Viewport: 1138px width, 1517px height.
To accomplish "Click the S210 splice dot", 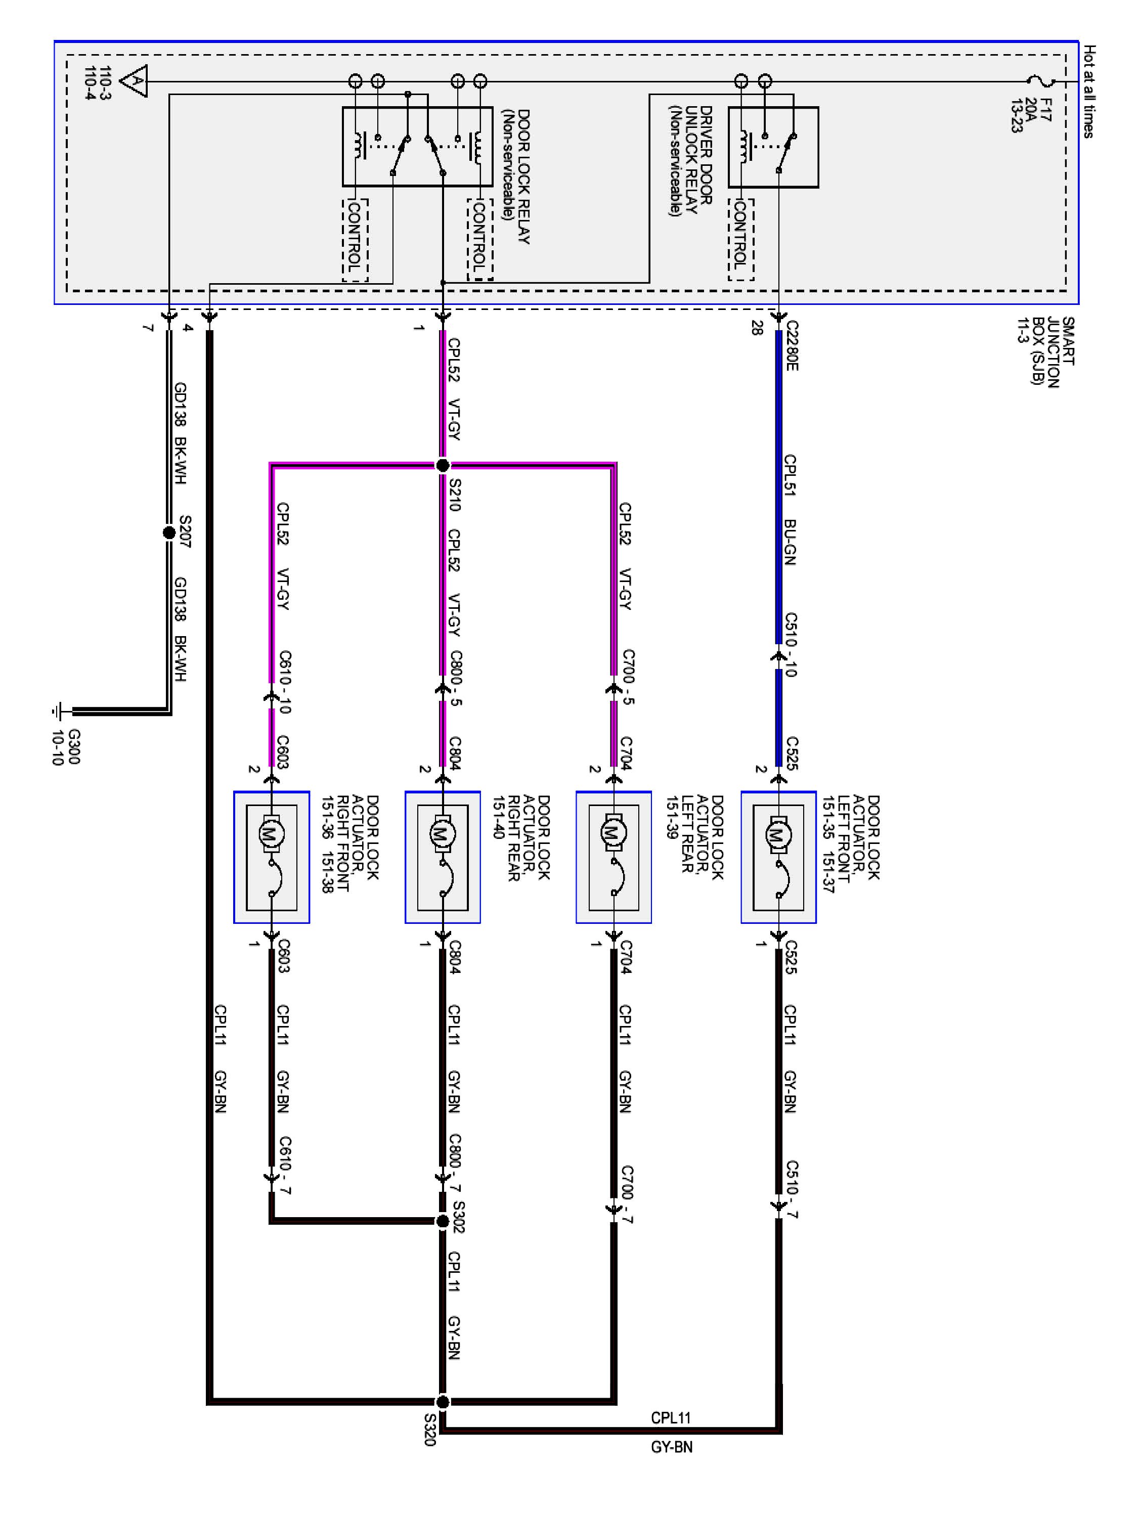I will (443, 466).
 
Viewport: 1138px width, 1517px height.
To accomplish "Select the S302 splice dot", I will (443, 1221).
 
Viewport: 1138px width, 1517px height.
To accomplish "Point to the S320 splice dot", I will (443, 1401).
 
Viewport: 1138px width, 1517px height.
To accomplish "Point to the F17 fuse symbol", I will (1046, 81).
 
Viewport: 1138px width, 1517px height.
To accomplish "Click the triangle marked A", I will (135, 81).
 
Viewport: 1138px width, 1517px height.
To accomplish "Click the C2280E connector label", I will (792, 346).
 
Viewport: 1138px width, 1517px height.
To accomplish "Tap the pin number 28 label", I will (756, 329).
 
